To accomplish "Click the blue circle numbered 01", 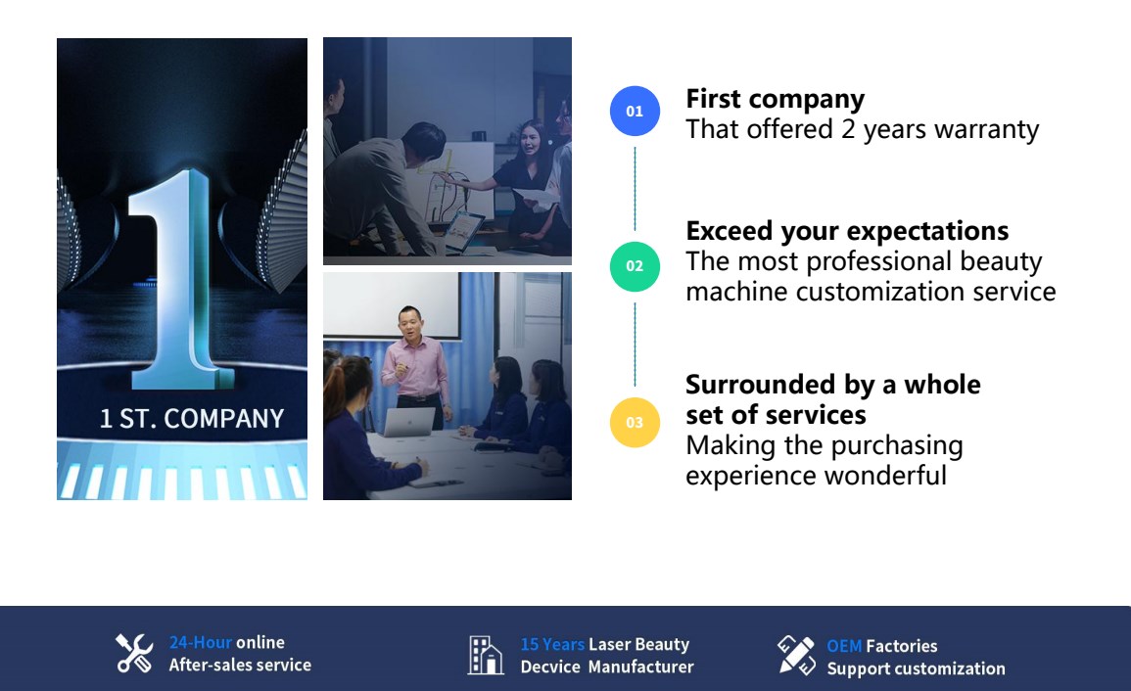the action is (635, 111).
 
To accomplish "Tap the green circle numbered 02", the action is (635, 266).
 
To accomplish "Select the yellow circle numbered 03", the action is (635, 423).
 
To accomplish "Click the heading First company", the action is (775, 99).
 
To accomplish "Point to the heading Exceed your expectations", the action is (847, 231).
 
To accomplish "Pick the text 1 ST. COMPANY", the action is (192, 418).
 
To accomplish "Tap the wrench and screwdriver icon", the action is (135, 654).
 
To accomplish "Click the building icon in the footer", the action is (486, 655).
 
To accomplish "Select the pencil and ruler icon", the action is (796, 655).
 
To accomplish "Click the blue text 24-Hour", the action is (201, 642).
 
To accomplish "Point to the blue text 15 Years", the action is (552, 644).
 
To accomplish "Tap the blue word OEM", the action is (844, 646).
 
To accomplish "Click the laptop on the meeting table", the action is (409, 422).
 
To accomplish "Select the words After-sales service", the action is (240, 665).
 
